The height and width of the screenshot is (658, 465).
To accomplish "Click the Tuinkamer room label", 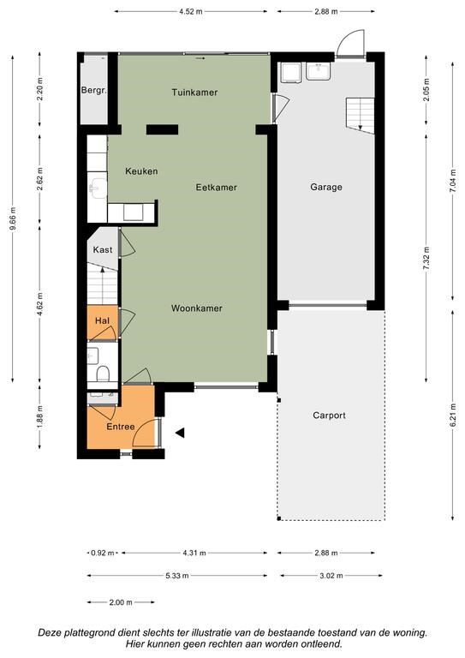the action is [x=194, y=93].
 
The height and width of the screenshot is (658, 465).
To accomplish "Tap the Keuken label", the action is [x=141, y=171].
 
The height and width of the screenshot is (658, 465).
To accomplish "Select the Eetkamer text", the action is [x=217, y=187].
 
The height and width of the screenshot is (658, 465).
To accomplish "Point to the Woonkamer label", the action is [x=197, y=308].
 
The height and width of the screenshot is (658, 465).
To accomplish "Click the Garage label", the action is [x=326, y=187].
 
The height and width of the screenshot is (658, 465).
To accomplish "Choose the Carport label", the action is [x=329, y=416].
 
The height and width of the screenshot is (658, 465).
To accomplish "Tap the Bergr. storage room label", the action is [x=94, y=90].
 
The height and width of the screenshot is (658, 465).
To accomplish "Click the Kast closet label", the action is [x=103, y=250].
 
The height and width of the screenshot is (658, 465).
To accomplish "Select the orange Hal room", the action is [x=102, y=322].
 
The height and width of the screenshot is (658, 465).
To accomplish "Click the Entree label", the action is [x=121, y=427].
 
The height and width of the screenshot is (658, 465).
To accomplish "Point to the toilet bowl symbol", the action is [x=103, y=373].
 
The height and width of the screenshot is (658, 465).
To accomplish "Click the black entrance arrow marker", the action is [x=180, y=433].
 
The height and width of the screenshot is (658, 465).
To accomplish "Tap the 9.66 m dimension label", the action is [x=13, y=219].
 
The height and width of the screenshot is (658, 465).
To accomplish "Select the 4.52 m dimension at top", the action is [x=191, y=12].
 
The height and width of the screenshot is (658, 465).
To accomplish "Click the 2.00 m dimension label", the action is [x=121, y=602].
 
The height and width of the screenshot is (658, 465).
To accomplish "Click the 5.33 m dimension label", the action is [x=177, y=576].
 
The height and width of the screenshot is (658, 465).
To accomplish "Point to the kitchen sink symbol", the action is [x=98, y=188].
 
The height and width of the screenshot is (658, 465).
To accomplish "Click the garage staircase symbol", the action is [x=361, y=116].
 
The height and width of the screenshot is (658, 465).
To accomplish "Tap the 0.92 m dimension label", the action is [x=102, y=553].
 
